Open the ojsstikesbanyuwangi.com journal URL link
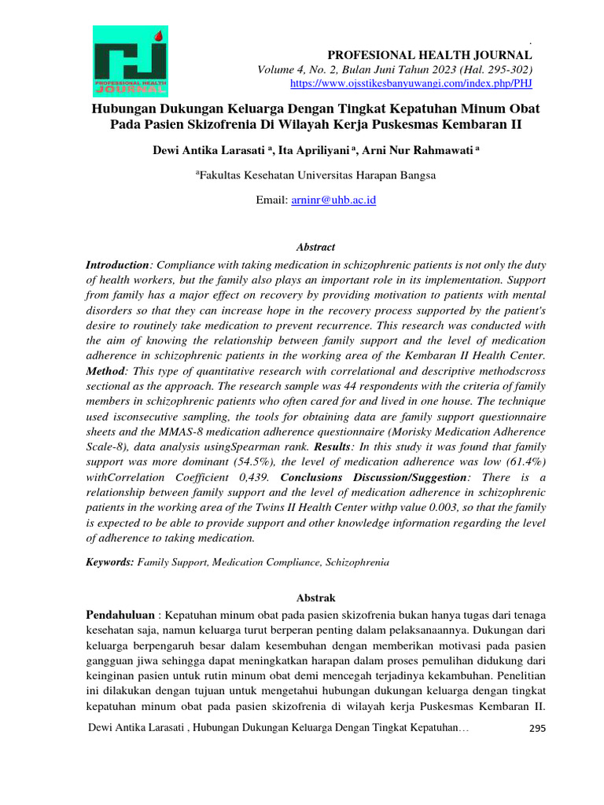[411, 83]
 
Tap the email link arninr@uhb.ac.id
[333, 200]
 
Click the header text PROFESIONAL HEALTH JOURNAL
[429, 55]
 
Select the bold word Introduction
[117, 266]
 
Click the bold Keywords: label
[110, 563]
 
